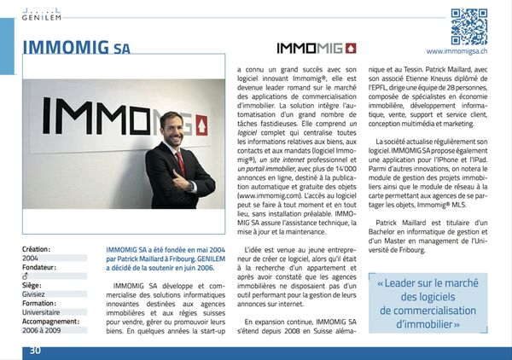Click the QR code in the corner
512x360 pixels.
coord(468,26)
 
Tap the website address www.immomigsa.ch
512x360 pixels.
coord(463,52)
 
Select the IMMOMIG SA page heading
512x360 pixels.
coord(77,47)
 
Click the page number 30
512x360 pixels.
coord(35,351)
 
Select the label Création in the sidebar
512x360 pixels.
coord(37,248)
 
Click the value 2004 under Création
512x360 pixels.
coord(30,257)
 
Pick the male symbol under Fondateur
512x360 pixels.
coord(26,276)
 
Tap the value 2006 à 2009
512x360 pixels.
coord(43,330)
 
